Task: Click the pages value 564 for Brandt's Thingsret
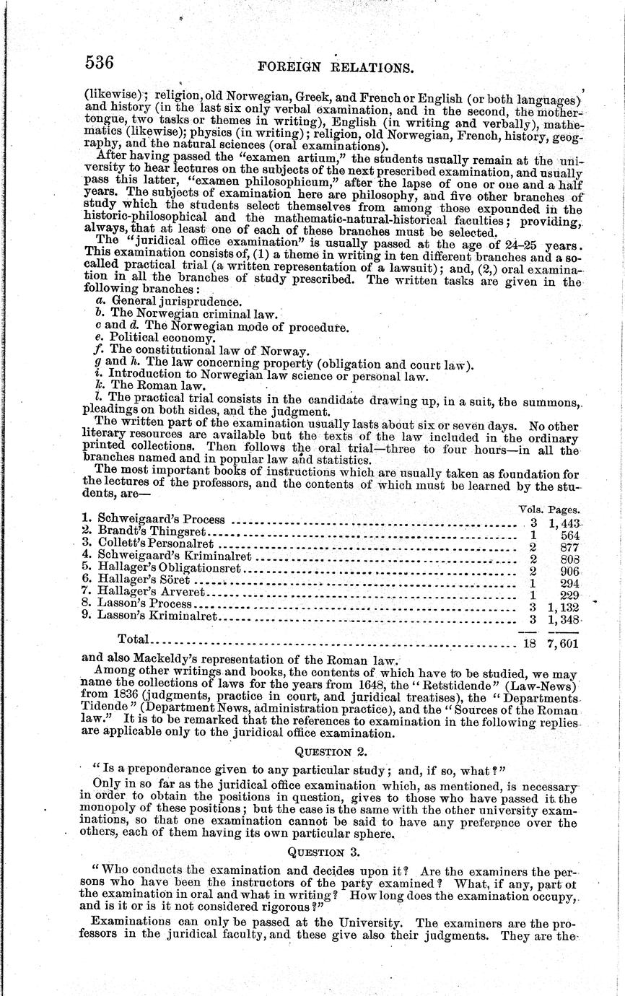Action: [567, 534]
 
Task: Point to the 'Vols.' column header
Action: [530, 509]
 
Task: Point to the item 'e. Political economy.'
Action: [155, 338]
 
